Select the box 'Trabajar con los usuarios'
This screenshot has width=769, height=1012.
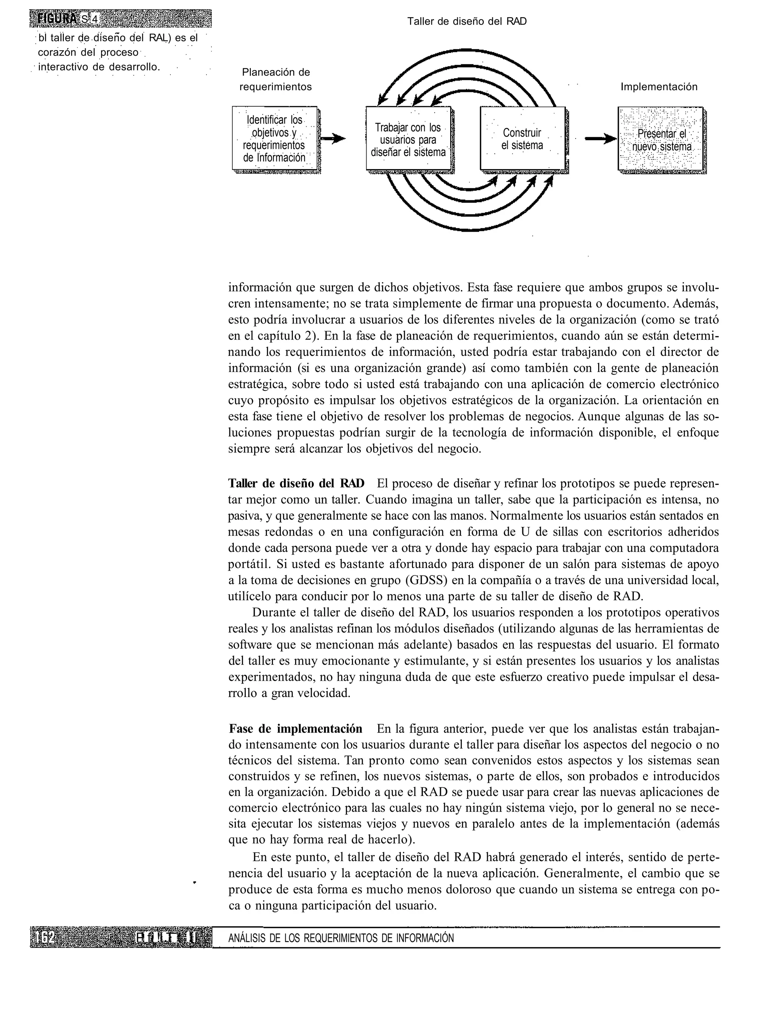[x=408, y=139]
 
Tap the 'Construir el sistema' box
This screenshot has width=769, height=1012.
[x=522, y=139]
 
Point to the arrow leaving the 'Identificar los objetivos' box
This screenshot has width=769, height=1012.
[x=333, y=138]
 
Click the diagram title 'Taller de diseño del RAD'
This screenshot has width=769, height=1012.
[x=467, y=21]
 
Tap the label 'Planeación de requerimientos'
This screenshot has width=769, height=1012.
[x=276, y=79]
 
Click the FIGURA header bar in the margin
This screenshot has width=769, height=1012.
[x=121, y=19]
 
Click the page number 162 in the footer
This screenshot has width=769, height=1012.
[x=46, y=938]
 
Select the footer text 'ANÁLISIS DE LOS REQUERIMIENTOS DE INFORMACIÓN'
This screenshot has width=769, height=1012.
[x=341, y=938]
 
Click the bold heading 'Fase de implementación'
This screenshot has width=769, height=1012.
[x=295, y=728]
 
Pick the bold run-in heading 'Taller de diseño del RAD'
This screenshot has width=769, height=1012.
[x=296, y=483]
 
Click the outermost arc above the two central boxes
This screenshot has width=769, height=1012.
[x=467, y=51]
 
